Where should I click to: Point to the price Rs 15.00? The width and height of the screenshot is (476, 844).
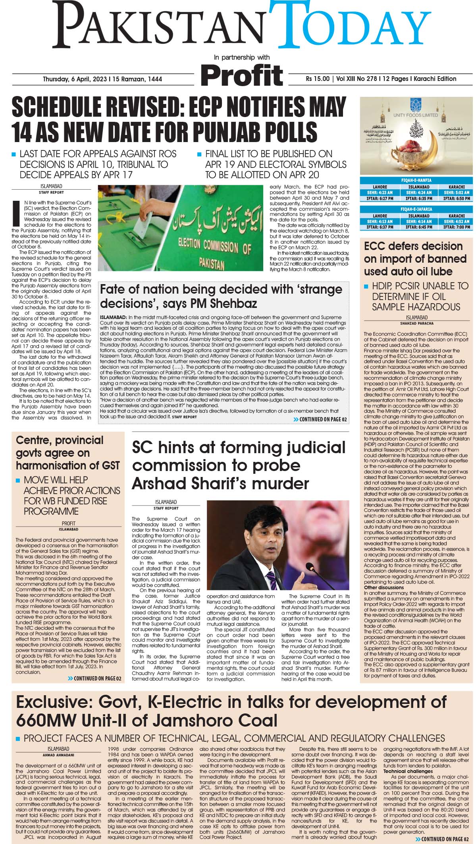[318, 79]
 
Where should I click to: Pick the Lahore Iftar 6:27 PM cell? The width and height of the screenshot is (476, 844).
[380, 198]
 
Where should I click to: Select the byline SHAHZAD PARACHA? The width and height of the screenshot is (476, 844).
[416, 323]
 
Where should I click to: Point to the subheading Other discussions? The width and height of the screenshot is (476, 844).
[384, 587]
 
